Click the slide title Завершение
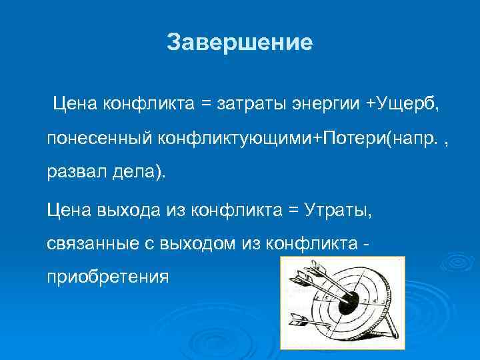[239, 43]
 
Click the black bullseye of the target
[348, 305]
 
